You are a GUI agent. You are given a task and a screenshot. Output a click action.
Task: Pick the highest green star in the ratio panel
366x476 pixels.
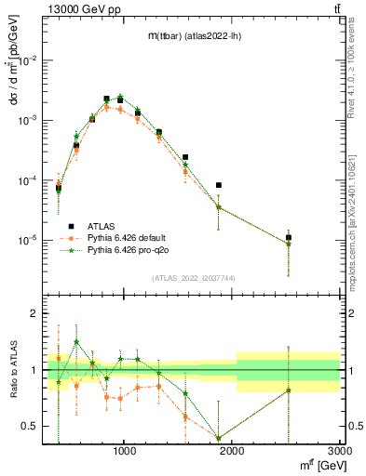[76, 341]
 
